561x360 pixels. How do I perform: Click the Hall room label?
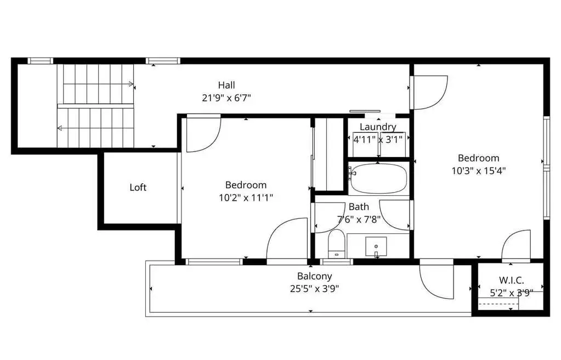click(226, 85)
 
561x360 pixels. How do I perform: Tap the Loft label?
click(138, 187)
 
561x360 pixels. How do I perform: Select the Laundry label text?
click(378, 127)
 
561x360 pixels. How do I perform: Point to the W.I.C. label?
click(511, 280)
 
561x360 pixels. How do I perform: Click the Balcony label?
click(314, 276)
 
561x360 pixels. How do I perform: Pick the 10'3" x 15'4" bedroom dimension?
click(478, 171)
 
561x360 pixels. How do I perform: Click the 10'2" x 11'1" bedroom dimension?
click(246, 198)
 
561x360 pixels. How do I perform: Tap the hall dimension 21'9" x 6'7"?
click(226, 98)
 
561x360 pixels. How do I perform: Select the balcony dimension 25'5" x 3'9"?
click(314, 289)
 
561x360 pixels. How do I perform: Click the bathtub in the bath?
click(378, 178)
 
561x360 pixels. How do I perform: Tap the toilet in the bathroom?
click(336, 244)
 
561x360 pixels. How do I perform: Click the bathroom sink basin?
click(376, 247)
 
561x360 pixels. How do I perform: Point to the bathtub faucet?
click(352, 173)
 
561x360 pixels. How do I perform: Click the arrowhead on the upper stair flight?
click(131, 84)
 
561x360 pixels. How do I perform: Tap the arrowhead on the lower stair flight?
click(60, 128)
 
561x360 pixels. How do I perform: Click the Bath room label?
click(359, 207)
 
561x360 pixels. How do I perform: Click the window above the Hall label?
click(163, 61)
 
